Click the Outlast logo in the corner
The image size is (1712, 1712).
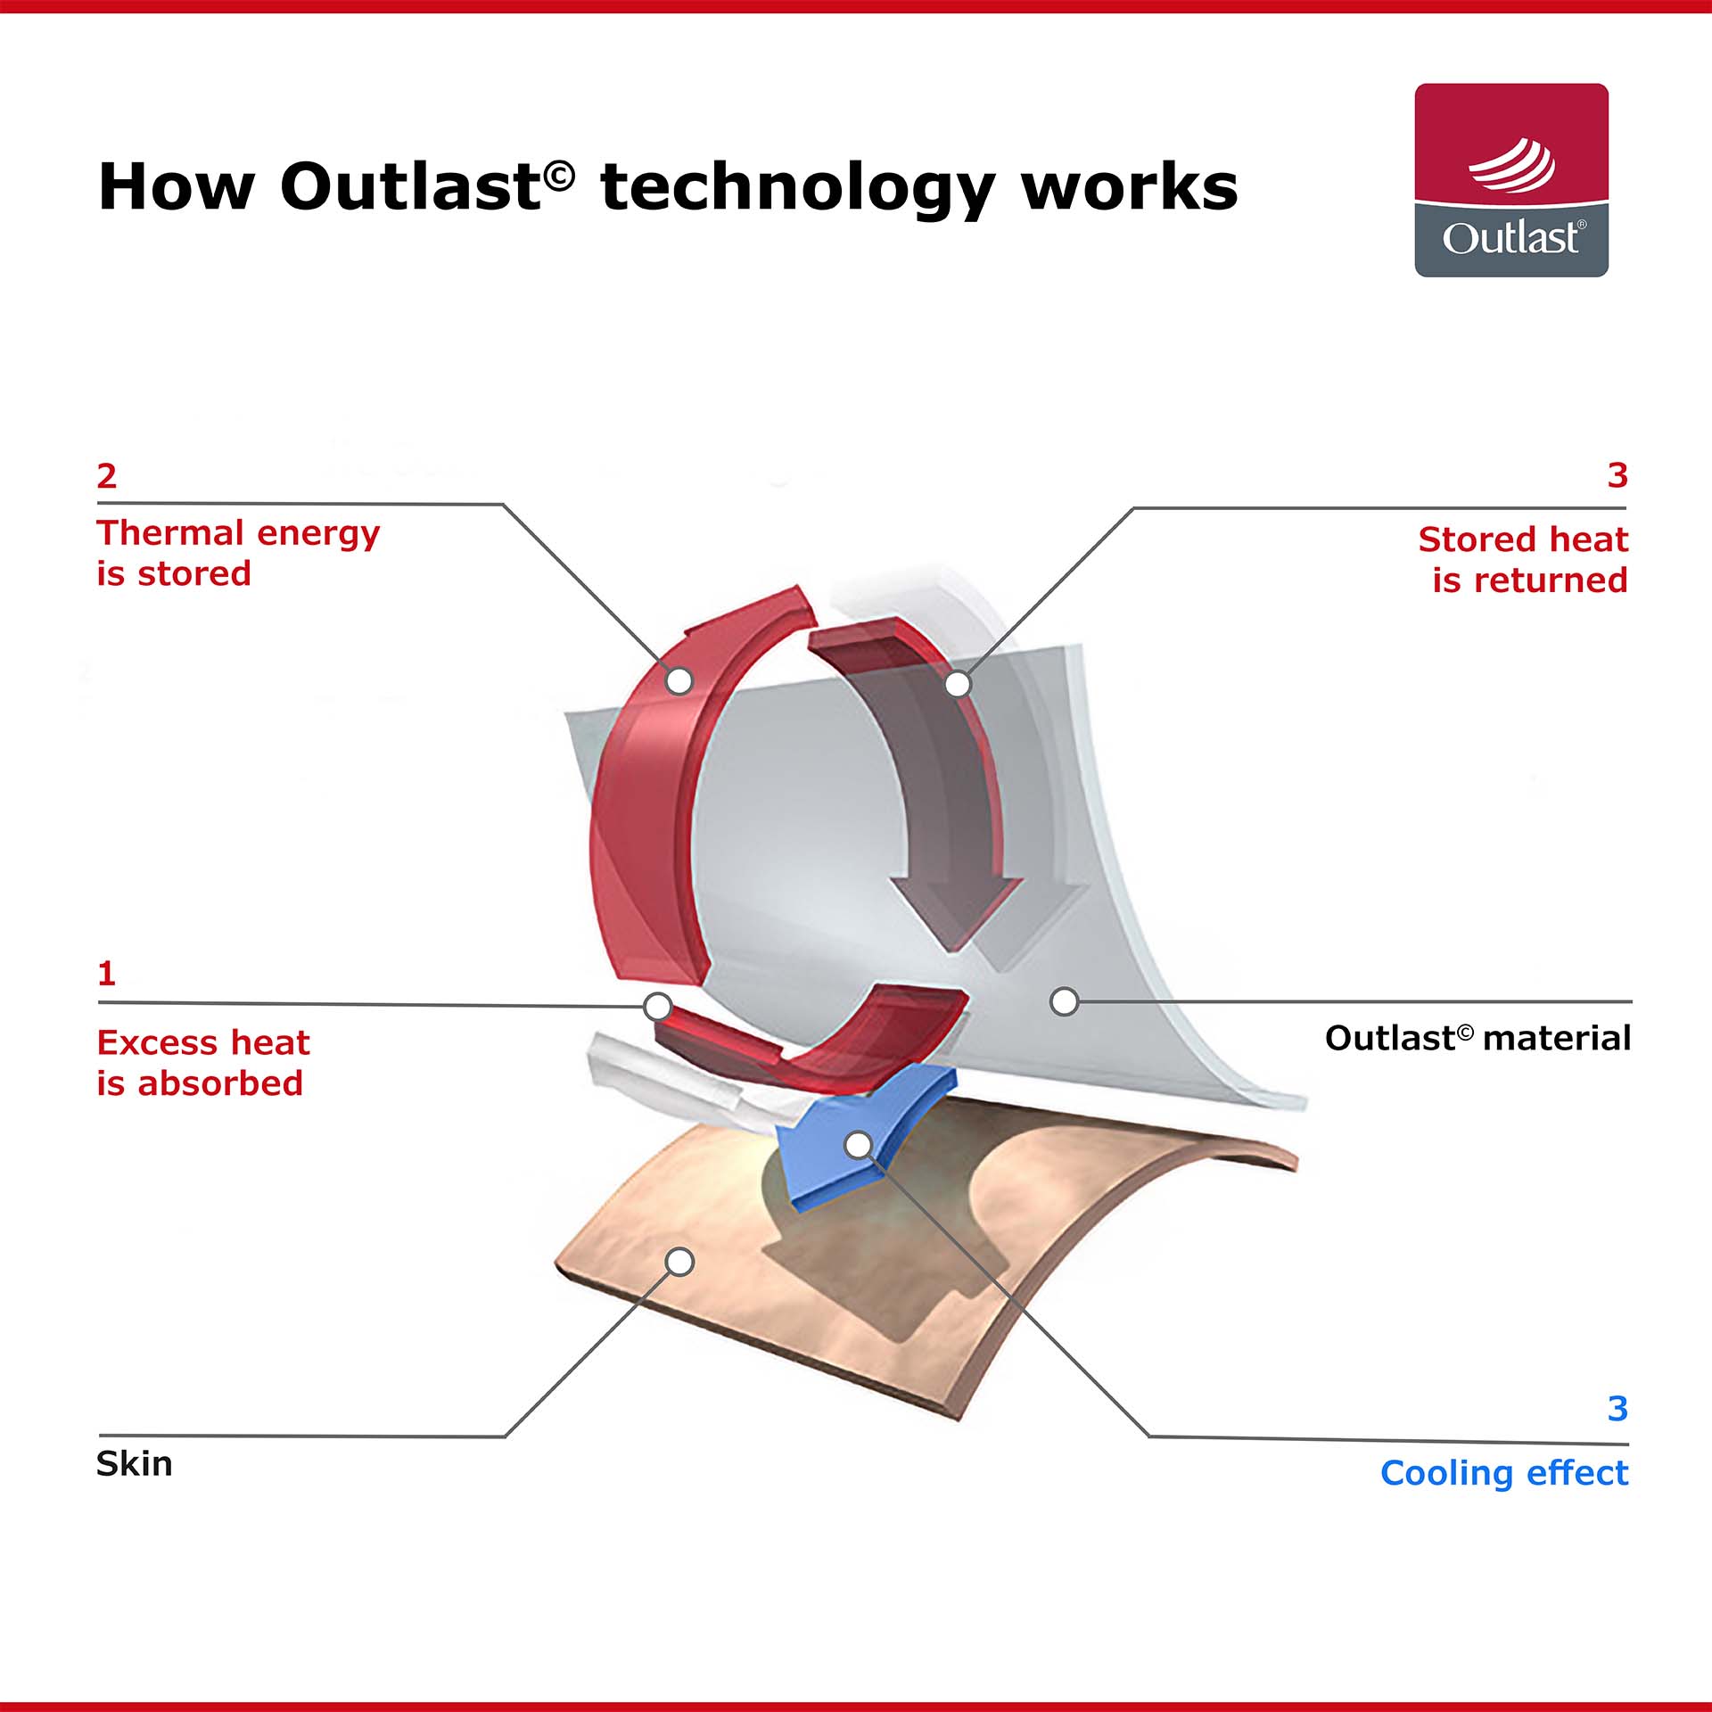pos(1511,180)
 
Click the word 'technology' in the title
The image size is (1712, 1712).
pos(798,189)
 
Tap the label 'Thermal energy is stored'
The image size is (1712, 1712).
pos(238,553)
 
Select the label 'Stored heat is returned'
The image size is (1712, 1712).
pos(1523,559)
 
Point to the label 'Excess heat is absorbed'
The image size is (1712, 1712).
pos(203,1062)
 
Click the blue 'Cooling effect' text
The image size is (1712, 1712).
pos(1504,1472)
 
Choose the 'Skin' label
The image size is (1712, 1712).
pos(135,1463)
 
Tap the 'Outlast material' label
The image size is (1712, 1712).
pos(1477,1038)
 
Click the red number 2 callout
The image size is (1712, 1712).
pos(107,475)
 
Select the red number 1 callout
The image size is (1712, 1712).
pos(107,973)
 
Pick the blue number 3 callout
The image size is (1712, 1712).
pos(1617,1408)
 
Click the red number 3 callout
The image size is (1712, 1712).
pos(1617,474)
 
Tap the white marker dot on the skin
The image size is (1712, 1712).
pos(679,1262)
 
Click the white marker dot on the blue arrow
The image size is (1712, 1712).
pos(858,1145)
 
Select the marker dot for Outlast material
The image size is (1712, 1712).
pos(1064,1001)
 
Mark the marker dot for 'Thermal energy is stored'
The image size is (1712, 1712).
pos(679,681)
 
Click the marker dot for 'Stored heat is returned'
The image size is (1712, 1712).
pos(958,684)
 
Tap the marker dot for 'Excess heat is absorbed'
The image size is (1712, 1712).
pos(658,1007)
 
